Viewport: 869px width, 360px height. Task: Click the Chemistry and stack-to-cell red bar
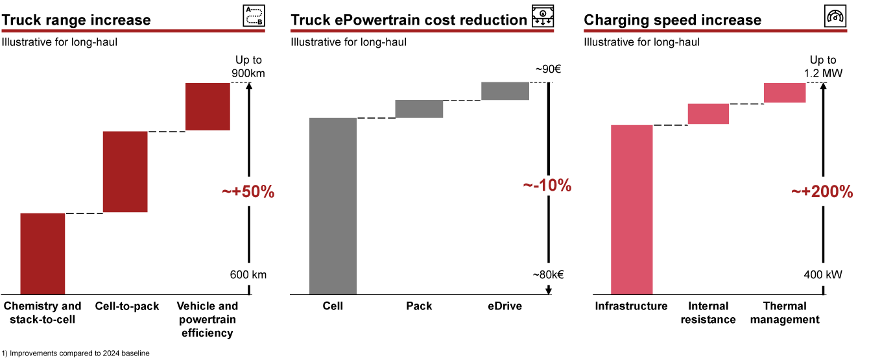click(x=43, y=254)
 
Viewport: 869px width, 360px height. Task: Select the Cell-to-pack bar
click(x=125, y=172)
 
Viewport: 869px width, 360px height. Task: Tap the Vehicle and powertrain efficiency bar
click(x=208, y=106)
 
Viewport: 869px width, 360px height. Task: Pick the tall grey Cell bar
click(x=333, y=206)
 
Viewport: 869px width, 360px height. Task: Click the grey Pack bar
click(x=419, y=109)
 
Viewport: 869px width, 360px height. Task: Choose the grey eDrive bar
click(x=505, y=91)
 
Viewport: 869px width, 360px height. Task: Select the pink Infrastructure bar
click(x=632, y=210)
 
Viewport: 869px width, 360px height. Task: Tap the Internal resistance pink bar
click(x=708, y=114)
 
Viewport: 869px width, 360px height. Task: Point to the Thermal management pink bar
click(x=785, y=93)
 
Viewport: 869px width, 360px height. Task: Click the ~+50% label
click(x=248, y=192)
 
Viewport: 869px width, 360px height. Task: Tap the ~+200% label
click(x=822, y=192)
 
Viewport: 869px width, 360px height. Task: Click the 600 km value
click(x=248, y=275)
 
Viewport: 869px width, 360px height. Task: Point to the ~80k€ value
click(x=548, y=275)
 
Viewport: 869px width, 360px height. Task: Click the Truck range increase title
click(x=77, y=20)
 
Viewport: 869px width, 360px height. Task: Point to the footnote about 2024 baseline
click(x=75, y=354)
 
